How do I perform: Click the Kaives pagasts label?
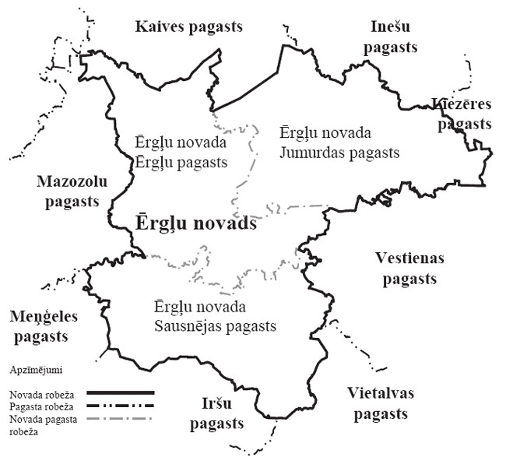tap(188, 26)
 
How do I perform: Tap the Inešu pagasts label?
tap(394, 37)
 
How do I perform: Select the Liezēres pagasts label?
tap(463, 114)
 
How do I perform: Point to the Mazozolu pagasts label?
tap(72, 192)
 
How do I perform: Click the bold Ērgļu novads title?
tap(196, 223)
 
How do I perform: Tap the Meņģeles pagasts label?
tap(39, 326)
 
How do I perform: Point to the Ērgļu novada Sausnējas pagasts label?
tap(214, 316)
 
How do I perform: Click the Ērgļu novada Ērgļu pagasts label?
tap(180, 153)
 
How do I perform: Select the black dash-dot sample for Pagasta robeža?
tap(120, 406)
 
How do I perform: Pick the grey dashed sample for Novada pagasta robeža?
tap(120, 420)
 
